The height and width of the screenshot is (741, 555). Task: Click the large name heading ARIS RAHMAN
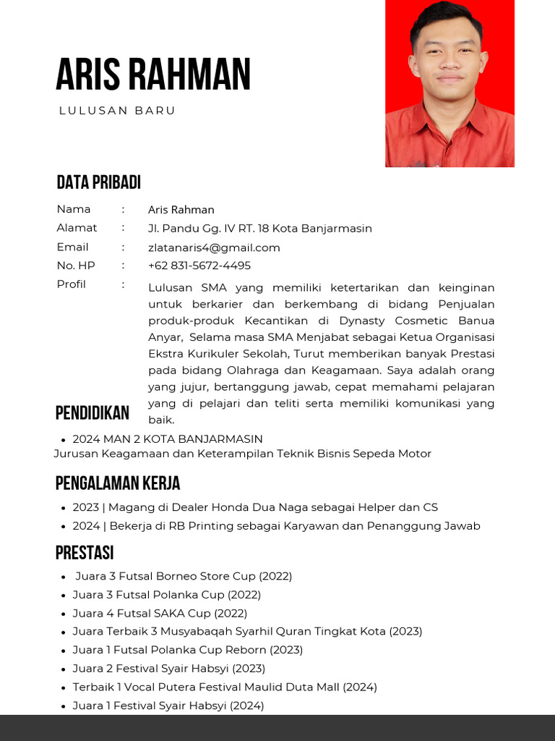pos(153,75)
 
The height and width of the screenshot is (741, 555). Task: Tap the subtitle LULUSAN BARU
pos(117,111)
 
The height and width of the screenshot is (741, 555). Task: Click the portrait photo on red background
pos(449,83)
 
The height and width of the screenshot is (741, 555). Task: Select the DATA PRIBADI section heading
pos(98,182)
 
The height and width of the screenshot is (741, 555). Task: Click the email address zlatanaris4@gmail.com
pos(214,247)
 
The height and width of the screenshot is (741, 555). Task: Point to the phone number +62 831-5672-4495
pos(199,266)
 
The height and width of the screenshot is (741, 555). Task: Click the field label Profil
pos(71,284)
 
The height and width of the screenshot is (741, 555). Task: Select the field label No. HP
pos(76,266)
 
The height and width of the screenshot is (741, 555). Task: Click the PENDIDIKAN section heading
pos(92,413)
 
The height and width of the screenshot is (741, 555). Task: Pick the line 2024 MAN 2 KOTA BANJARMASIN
pos(168,439)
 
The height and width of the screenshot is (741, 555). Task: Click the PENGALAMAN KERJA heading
pos(118,483)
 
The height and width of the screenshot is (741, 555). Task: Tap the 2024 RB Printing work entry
pos(276,526)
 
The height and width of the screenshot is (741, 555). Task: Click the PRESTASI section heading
pos(85,554)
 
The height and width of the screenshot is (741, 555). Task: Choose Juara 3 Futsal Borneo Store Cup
pos(184,577)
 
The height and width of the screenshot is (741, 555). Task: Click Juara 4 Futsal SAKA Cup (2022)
pos(160,613)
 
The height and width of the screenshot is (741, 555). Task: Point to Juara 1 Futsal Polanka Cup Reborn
pos(187,650)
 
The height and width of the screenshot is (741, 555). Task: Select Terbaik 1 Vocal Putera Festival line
pos(225,687)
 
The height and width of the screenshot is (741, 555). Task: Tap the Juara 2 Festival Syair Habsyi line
pos(168,669)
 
